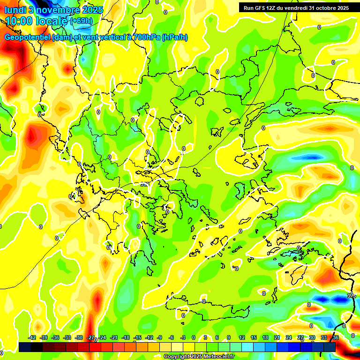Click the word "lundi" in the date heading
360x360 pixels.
tap(15, 9)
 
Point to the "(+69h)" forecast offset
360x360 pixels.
tap(81, 21)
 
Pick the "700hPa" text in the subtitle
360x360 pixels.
tap(146, 37)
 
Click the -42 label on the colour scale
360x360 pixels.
tap(32, 337)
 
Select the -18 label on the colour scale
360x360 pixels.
tap(126, 337)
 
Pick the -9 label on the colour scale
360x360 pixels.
tap(160, 337)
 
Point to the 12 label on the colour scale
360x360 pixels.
tap(241, 337)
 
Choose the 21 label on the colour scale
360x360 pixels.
tap(277, 337)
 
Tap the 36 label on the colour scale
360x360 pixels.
tap(336, 337)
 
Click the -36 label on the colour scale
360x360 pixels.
tap(55, 337)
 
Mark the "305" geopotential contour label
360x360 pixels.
tap(352, 295)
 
